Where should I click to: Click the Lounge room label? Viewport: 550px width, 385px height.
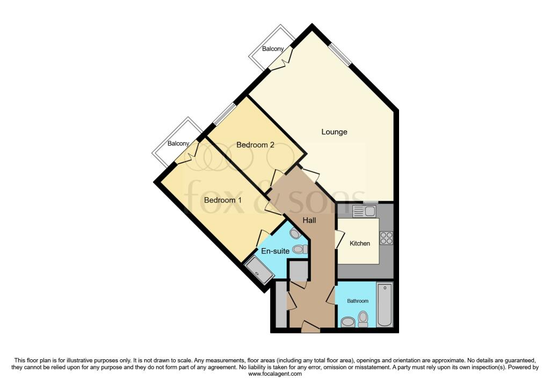(x=334, y=132)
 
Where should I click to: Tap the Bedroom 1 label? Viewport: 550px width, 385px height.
(x=223, y=200)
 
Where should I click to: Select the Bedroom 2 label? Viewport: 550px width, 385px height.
(x=255, y=145)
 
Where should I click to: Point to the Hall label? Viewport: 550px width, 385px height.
(x=309, y=220)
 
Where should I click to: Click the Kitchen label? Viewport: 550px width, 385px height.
(x=359, y=243)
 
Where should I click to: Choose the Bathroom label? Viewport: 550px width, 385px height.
(x=358, y=301)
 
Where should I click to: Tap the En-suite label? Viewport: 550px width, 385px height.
(x=276, y=251)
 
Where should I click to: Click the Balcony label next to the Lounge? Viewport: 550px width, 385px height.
(x=273, y=49)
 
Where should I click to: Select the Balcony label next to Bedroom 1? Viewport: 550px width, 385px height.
(x=178, y=143)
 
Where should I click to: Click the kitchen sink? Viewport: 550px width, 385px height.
(x=364, y=211)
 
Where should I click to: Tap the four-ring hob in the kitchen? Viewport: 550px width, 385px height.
(x=386, y=238)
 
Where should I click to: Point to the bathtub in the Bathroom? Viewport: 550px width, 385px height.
(x=385, y=304)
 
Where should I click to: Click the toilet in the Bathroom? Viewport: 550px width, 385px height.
(x=363, y=319)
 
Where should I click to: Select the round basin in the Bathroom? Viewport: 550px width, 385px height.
(x=348, y=322)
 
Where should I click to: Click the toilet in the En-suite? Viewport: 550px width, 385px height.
(x=300, y=249)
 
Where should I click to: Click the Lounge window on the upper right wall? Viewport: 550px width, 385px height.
(x=339, y=55)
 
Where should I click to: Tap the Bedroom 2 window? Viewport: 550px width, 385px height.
(x=225, y=113)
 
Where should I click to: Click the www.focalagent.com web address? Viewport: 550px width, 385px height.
(x=275, y=374)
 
